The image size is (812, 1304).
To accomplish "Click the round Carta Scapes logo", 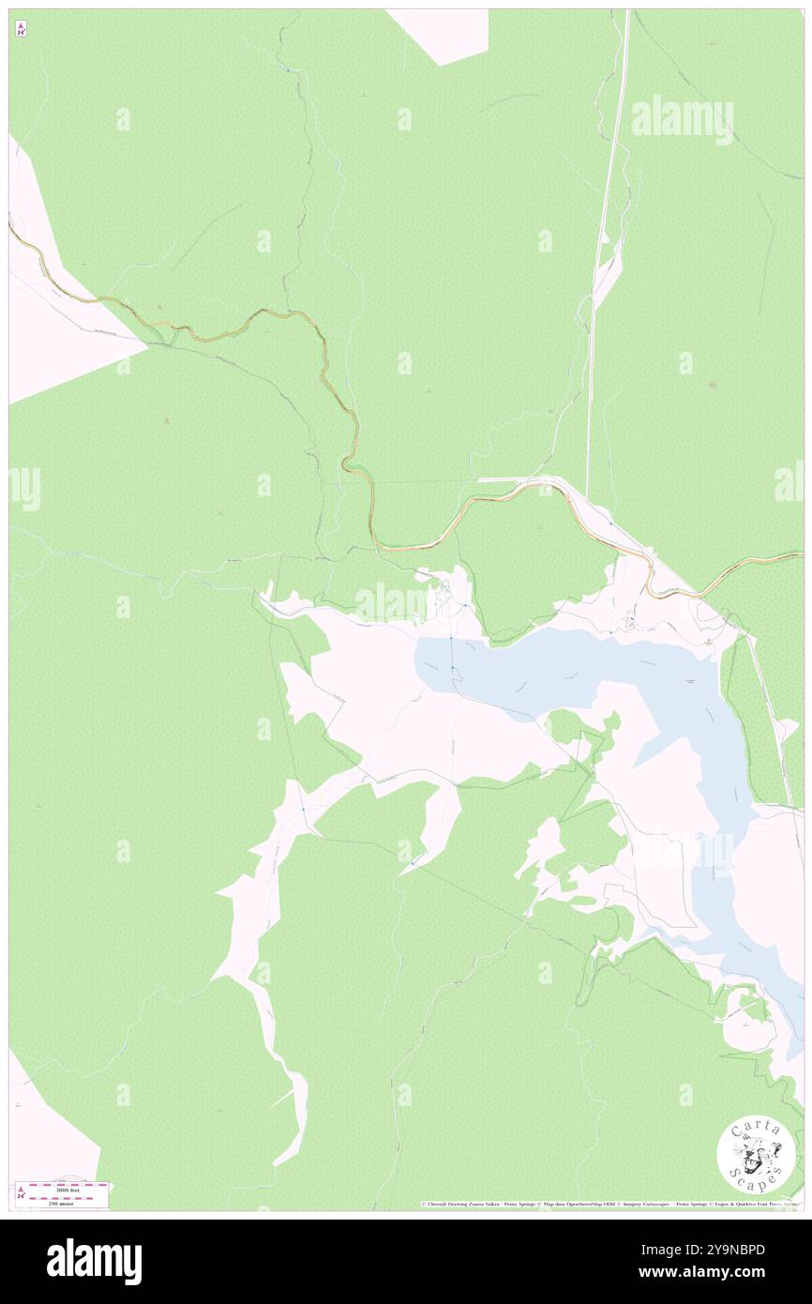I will coord(756,1158).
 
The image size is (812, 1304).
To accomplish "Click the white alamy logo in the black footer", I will coord(94,1262).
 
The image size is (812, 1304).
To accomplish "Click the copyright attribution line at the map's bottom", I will coord(609,1204).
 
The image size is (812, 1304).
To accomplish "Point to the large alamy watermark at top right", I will coord(682,119).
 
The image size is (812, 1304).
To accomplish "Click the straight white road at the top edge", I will coord(625,19).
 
